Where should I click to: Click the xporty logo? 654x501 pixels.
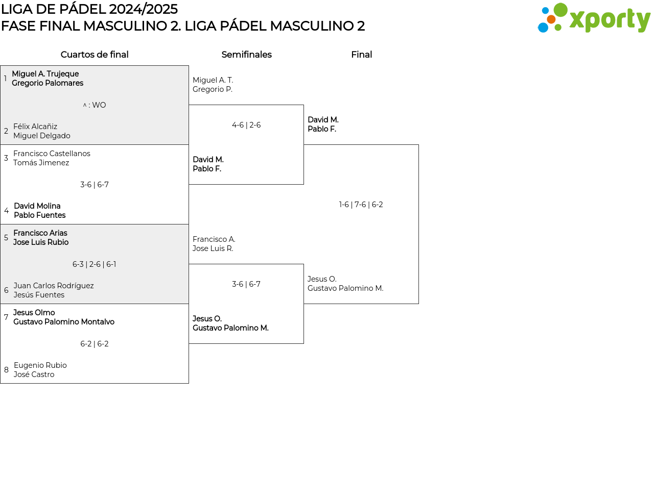(x=594, y=18)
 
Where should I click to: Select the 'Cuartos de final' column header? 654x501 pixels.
(x=95, y=55)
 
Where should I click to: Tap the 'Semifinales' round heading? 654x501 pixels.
(x=246, y=55)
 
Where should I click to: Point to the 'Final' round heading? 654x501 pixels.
(x=361, y=55)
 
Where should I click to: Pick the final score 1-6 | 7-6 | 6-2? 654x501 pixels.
(x=361, y=205)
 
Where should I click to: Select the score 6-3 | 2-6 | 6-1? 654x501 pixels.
(x=95, y=264)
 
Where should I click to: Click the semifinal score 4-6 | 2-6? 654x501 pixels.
(x=246, y=125)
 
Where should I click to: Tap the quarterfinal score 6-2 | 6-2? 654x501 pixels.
(x=95, y=344)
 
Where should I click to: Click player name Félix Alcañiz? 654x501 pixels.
(x=35, y=127)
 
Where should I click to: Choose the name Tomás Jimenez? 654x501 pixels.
(x=41, y=163)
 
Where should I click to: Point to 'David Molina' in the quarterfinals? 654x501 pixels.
(x=37, y=206)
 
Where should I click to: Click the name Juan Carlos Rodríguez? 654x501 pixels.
(x=54, y=286)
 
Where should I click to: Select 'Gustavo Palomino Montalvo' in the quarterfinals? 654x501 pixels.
(x=64, y=322)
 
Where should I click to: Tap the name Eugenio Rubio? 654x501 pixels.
(x=40, y=365)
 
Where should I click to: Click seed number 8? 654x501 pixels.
(x=6, y=370)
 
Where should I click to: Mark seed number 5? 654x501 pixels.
(x=6, y=238)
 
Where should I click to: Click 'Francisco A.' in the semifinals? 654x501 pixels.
(x=214, y=239)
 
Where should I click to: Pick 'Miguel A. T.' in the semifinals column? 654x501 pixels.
(x=213, y=80)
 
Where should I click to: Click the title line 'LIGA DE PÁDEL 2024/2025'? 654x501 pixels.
(x=89, y=9)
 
